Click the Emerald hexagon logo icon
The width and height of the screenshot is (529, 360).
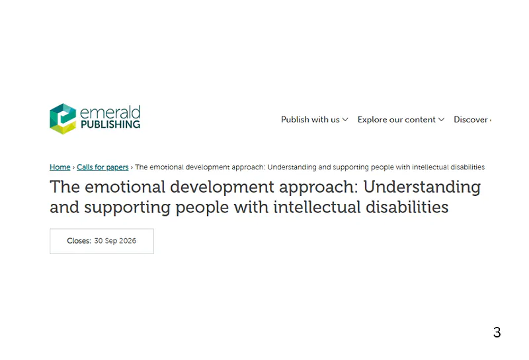pyautogui.click(x=63, y=119)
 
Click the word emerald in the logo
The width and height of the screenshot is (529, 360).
pyautogui.click(x=110, y=112)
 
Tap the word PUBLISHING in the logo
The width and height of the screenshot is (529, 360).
pyautogui.click(x=110, y=124)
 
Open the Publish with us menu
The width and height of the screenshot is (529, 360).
pyautogui.click(x=310, y=120)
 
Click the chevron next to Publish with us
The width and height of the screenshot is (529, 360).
pyautogui.click(x=345, y=120)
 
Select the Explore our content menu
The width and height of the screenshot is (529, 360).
pyautogui.click(x=397, y=120)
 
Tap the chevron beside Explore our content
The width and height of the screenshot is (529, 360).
pyautogui.click(x=442, y=120)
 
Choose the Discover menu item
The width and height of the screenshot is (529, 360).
pyautogui.click(x=471, y=120)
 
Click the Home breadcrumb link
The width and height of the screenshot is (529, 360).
pyautogui.click(x=60, y=167)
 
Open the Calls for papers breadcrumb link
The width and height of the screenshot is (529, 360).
pyautogui.click(x=102, y=167)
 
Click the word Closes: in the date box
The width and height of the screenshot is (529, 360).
pyautogui.click(x=79, y=241)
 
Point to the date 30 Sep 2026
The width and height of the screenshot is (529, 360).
pyautogui.click(x=115, y=241)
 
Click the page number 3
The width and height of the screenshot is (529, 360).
pyautogui.click(x=497, y=332)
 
